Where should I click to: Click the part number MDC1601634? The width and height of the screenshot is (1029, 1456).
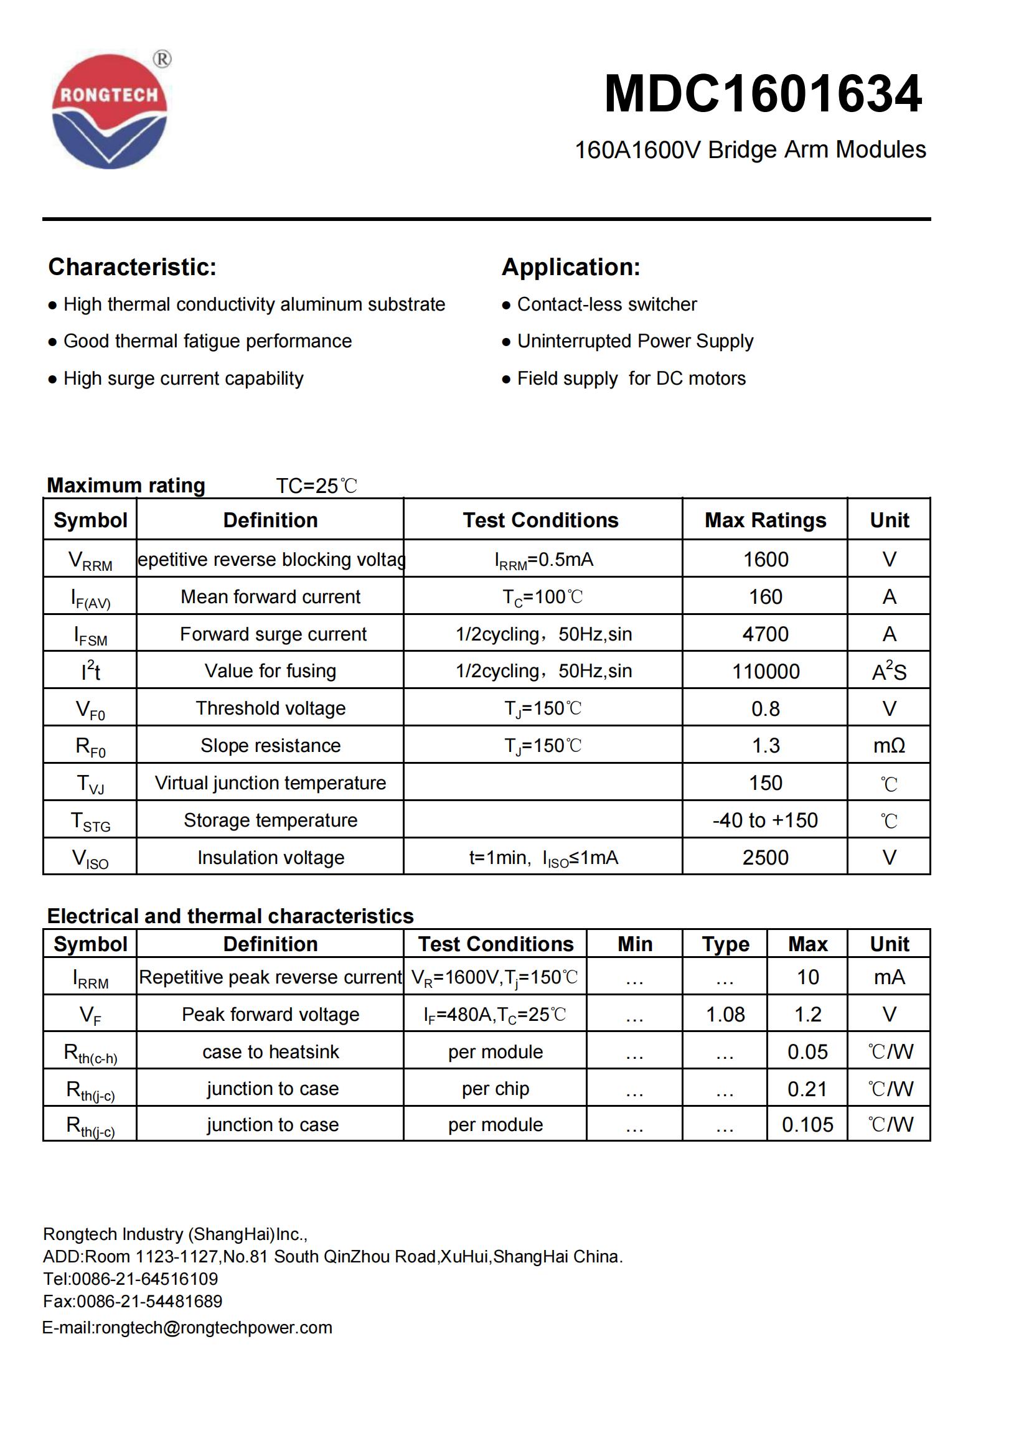pyautogui.click(x=763, y=94)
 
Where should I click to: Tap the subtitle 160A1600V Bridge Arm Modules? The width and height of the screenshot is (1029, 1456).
pyautogui.click(x=749, y=149)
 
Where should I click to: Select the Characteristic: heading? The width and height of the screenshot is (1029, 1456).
pyautogui.click(x=133, y=267)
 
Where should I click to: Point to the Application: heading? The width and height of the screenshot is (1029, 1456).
pyautogui.click(x=571, y=267)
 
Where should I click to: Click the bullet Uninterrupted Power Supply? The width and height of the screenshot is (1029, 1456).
pyautogui.click(x=635, y=341)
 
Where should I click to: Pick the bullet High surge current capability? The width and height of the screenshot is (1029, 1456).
pyautogui.click(x=183, y=378)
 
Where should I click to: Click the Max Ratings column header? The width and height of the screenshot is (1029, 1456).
pyautogui.click(x=764, y=520)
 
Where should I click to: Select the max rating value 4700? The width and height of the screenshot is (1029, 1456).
pyautogui.click(x=765, y=634)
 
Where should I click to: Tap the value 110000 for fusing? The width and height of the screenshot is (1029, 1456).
pyautogui.click(x=765, y=671)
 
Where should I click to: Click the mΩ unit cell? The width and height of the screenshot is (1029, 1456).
pyautogui.click(x=888, y=745)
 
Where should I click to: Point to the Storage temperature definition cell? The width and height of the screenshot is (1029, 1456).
pyautogui.click(x=270, y=820)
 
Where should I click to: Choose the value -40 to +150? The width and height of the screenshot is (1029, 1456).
pyautogui.click(x=764, y=820)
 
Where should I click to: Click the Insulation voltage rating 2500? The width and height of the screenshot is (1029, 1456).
pyautogui.click(x=764, y=857)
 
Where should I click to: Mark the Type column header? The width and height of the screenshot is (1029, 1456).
pyautogui.click(x=725, y=944)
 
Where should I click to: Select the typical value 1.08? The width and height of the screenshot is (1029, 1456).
pyautogui.click(x=725, y=1014)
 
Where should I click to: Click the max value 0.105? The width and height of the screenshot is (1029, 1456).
pyautogui.click(x=807, y=1124)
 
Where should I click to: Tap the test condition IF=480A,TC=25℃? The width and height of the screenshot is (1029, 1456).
pyautogui.click(x=494, y=1015)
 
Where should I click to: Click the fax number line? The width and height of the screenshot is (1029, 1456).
pyautogui.click(x=133, y=1301)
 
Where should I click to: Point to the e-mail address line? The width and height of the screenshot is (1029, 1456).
pyautogui.click(x=187, y=1327)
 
